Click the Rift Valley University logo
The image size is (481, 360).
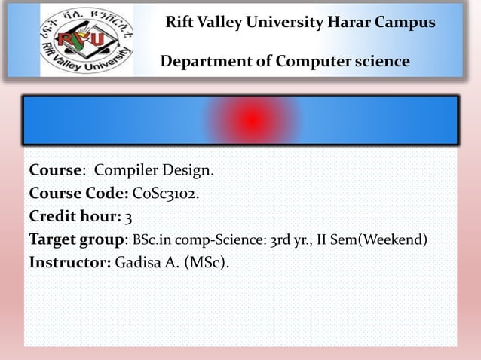(x=86, y=40)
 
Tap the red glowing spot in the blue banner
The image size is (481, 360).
(x=252, y=120)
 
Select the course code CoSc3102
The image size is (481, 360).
(x=167, y=194)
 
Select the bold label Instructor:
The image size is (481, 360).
(x=70, y=264)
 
